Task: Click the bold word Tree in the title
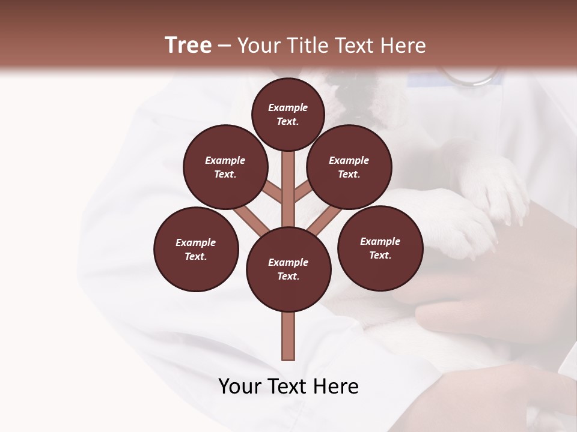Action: (x=188, y=46)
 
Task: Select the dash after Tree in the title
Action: (x=224, y=46)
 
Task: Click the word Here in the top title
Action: (x=403, y=46)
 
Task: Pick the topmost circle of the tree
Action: (x=288, y=114)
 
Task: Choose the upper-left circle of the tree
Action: (x=225, y=167)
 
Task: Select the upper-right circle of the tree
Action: (x=349, y=167)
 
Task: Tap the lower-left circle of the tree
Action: (x=196, y=249)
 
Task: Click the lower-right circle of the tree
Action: (x=380, y=248)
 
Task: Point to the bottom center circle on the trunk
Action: (x=288, y=269)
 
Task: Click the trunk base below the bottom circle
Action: (x=288, y=336)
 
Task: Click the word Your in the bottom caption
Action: (x=240, y=386)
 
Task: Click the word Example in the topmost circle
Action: (x=288, y=107)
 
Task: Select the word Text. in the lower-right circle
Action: (x=380, y=255)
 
